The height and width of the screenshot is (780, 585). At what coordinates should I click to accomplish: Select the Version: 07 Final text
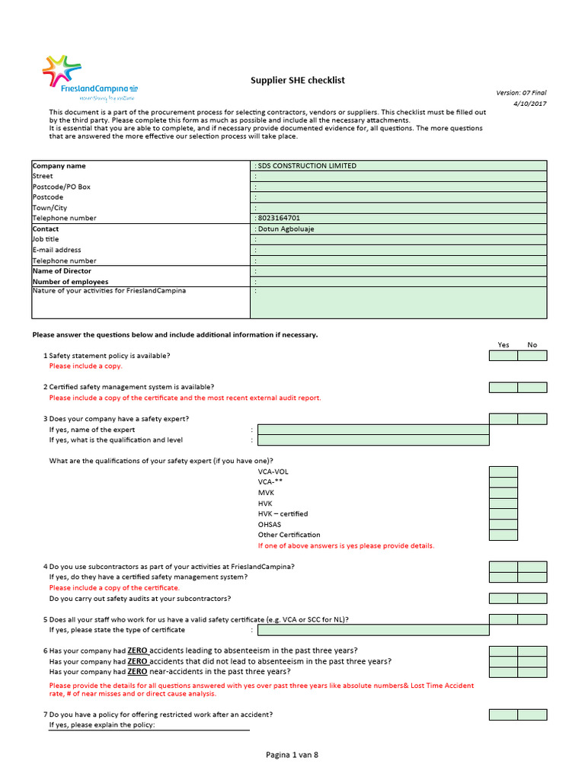point(521,92)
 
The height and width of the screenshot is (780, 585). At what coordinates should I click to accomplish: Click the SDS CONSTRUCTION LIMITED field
point(398,165)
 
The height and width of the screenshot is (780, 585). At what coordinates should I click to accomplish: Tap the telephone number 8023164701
point(398,218)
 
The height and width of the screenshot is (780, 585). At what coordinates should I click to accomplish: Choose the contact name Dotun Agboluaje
point(398,229)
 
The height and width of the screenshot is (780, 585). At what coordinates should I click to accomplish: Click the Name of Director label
point(62,271)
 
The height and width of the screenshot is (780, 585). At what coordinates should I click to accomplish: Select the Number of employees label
point(70,282)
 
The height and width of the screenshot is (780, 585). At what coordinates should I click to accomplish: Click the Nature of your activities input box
point(398,302)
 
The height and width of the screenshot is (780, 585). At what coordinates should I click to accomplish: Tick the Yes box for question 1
point(503,356)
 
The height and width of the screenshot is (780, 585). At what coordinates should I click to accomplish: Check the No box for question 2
point(532,387)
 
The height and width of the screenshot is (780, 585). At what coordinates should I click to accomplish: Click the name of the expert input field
point(373,430)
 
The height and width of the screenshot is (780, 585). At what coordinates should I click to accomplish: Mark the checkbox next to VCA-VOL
point(503,472)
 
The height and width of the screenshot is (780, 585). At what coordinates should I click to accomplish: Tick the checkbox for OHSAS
point(503,524)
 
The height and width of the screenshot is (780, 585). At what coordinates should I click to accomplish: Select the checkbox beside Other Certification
point(503,535)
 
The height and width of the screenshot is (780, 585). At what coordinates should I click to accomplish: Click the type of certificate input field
point(373,630)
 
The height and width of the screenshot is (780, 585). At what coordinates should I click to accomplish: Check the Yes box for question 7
point(503,714)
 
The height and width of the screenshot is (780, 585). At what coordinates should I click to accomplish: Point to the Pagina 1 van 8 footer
point(292,755)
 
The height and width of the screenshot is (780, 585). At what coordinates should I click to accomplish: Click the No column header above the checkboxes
point(532,345)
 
